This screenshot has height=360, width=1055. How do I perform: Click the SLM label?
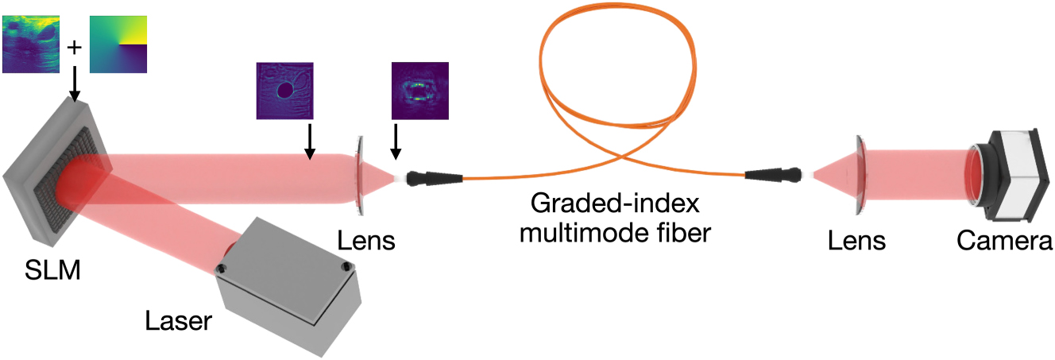(52, 272)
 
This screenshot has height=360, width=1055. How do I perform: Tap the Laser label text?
(179, 321)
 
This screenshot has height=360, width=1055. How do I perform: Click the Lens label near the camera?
(856, 240)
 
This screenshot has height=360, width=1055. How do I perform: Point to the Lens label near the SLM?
(365, 240)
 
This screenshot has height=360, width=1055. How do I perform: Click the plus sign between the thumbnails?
(75, 47)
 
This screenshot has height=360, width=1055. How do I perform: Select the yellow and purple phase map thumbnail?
(119, 45)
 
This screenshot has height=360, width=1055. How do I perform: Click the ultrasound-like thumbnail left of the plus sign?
(33, 45)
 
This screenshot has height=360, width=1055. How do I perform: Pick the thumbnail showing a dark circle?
(284, 91)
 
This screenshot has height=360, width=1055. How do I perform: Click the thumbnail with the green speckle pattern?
(419, 91)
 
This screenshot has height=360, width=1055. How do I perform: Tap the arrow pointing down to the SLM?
(75, 83)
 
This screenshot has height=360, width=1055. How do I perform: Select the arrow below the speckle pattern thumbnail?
(395, 144)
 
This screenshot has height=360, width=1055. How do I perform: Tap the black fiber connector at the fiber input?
(430, 176)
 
